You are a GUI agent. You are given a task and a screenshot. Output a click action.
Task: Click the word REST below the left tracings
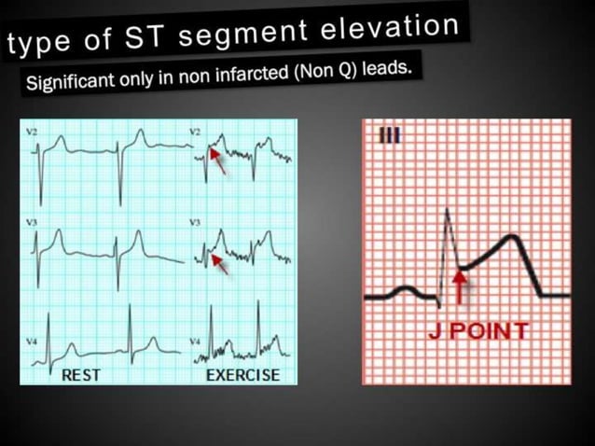81,375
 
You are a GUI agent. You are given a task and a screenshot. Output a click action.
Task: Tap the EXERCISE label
242,375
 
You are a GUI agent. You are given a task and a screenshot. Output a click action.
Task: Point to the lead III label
389,136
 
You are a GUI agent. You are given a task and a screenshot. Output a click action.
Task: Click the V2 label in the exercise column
196,133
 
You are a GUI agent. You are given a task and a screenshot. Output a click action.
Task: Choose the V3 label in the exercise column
196,224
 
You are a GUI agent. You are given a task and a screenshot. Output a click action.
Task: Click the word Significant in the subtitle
71,81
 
